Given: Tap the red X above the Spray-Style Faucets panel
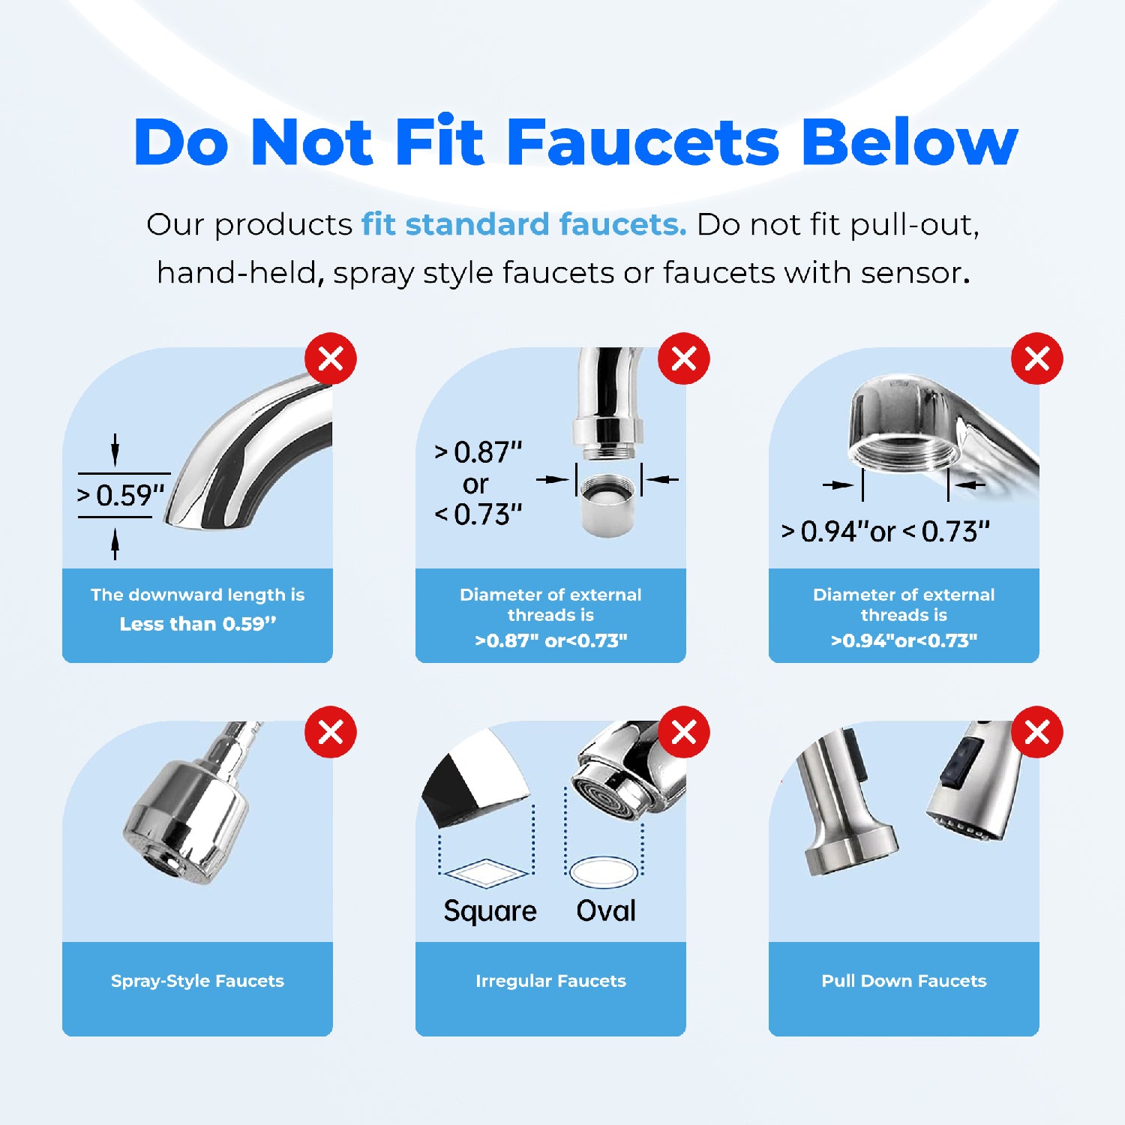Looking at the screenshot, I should [331, 732].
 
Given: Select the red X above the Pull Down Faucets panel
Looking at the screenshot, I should [1037, 732].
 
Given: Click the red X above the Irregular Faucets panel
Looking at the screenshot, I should [684, 732].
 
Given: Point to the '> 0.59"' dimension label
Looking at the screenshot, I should [121, 496].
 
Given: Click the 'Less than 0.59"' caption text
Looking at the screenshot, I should [198, 624].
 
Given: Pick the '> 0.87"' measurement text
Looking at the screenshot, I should [478, 452].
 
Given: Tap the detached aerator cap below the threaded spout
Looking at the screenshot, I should [607, 505].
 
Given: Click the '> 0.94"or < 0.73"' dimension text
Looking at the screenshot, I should [886, 532].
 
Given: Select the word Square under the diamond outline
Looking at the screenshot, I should [490, 910].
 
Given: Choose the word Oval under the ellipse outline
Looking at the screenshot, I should [606, 910].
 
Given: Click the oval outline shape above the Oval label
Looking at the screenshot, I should [604, 872].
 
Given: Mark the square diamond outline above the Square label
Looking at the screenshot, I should [486, 874].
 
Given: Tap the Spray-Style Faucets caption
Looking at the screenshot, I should [198, 981].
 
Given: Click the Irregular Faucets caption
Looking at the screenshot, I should [550, 981].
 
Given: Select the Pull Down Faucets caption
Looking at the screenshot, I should [904, 981].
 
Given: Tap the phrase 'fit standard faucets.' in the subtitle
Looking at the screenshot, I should [523, 224].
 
